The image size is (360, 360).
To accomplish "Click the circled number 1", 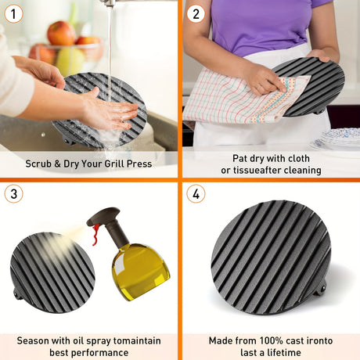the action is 13,13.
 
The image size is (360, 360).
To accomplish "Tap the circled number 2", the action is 196,13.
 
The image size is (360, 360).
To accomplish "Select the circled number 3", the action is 13,194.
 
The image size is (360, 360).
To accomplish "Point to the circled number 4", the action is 196,194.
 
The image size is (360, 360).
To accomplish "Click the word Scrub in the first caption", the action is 38,164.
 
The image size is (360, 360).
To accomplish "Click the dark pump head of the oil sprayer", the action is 103,215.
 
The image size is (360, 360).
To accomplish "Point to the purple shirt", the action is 264,25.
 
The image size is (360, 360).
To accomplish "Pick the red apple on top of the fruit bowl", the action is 62,33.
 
